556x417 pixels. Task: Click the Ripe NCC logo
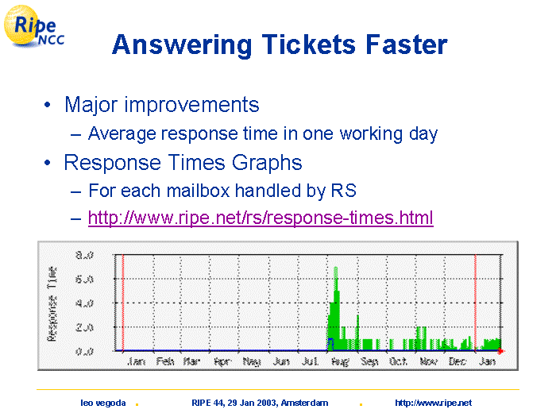[34, 26]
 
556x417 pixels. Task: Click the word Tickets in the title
[308, 44]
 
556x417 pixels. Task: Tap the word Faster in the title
[407, 44]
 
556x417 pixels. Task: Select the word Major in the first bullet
[91, 106]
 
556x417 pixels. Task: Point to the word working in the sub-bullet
[371, 134]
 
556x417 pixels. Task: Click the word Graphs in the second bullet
[267, 163]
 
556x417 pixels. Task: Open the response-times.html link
[261, 218]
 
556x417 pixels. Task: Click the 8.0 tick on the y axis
[84, 255]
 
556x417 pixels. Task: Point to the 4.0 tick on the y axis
[84, 303]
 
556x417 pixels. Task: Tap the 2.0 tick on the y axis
[84, 327]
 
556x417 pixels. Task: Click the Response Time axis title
[52, 304]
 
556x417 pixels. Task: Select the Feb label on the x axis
[165, 361]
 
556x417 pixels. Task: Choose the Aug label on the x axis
[340, 361]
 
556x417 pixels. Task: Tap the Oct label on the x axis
[398, 361]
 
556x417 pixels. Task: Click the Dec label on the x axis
[457, 361]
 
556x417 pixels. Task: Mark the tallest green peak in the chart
[335, 269]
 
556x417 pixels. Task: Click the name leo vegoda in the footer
[102, 403]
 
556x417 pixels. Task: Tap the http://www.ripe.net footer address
[434, 403]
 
